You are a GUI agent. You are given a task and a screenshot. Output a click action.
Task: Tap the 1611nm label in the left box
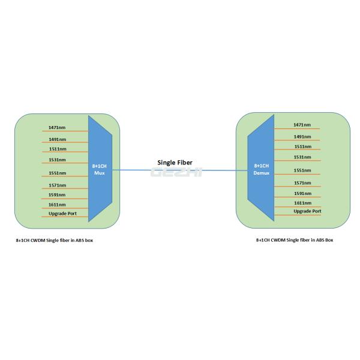(x=58, y=205)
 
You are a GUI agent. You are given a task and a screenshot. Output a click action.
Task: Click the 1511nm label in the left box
(x=58, y=149)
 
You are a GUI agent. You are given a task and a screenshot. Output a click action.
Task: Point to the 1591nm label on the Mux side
(x=58, y=194)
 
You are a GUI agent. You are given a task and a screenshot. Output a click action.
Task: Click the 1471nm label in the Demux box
(x=302, y=125)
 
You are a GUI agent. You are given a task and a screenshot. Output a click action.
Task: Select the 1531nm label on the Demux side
(x=302, y=157)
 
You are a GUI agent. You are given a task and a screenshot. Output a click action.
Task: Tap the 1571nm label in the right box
(x=302, y=182)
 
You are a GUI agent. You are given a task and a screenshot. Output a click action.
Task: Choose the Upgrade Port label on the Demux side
(x=307, y=211)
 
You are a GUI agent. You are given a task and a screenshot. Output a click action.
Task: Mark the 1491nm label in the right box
(x=302, y=136)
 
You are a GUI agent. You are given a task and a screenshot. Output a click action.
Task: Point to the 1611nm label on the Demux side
(x=302, y=203)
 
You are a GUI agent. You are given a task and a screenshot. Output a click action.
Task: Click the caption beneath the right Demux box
(x=295, y=239)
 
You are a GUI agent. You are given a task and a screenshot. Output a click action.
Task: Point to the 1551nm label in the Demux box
(x=302, y=170)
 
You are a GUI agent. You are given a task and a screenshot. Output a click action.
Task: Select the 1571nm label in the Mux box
(x=58, y=185)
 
